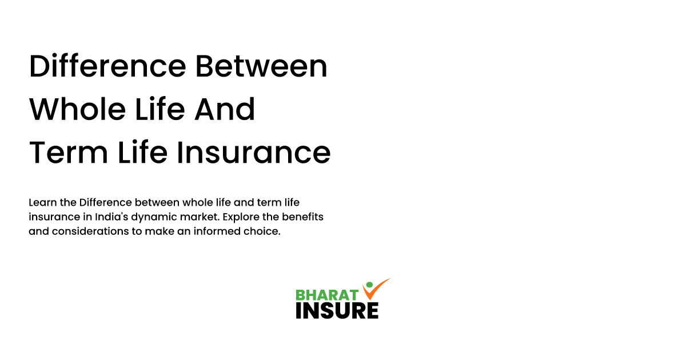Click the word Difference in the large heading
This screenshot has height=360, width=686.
107,67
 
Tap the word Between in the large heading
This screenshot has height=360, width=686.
261,67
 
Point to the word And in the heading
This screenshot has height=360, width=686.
225,110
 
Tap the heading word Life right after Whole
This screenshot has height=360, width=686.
153,110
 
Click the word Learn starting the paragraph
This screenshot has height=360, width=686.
42,203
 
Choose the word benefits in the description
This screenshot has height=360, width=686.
304,218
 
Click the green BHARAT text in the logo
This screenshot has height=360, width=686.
326,295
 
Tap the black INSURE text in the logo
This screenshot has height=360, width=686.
337,310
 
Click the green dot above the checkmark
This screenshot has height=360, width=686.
369,284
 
